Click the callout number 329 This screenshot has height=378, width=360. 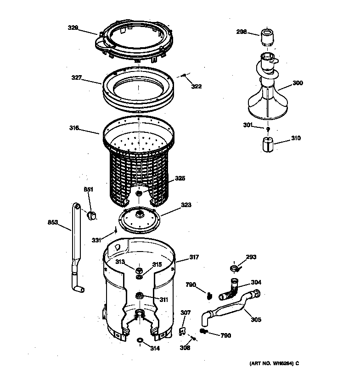click(x=73, y=28)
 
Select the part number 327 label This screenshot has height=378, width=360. click(x=76, y=77)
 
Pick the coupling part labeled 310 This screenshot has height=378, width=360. click(x=267, y=145)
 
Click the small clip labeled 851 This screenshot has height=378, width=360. click(x=92, y=215)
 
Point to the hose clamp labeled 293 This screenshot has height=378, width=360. click(x=234, y=267)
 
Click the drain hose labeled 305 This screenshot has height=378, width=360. click(x=230, y=307)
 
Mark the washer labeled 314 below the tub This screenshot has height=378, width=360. click(x=140, y=340)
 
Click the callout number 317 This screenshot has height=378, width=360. click(x=194, y=257)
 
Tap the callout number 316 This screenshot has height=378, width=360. click(x=74, y=128)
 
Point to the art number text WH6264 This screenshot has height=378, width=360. click(x=274, y=364)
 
